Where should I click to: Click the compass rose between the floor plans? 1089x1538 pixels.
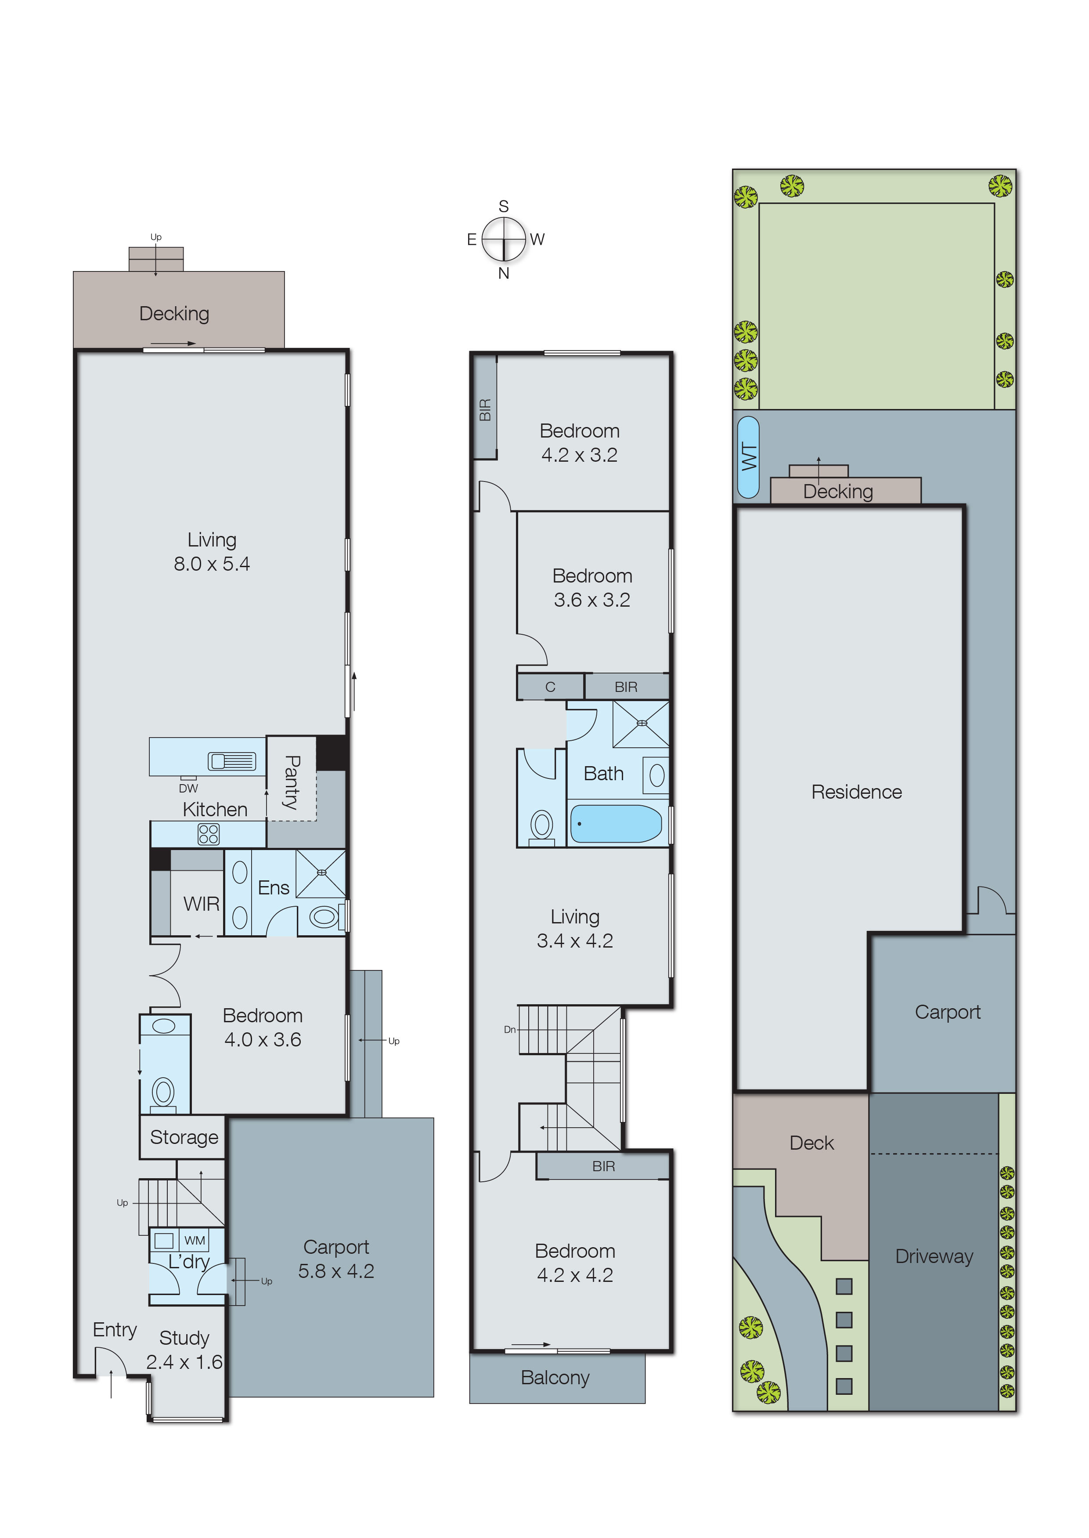tap(504, 239)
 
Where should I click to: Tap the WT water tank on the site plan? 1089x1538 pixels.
tap(748, 457)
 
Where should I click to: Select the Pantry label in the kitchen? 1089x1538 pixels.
tap(292, 782)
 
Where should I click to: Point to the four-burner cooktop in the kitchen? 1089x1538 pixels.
tap(209, 834)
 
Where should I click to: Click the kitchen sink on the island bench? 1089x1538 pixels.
tap(232, 761)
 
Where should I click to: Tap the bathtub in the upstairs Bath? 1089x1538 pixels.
tap(616, 824)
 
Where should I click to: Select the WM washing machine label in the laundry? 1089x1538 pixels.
tap(195, 1241)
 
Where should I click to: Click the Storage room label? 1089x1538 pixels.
tap(184, 1137)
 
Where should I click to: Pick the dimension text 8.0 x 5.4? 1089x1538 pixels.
tap(212, 564)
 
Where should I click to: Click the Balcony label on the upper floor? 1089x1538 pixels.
tap(555, 1378)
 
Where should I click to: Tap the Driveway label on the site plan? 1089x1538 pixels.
tap(934, 1256)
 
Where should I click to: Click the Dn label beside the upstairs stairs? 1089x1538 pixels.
tap(510, 1030)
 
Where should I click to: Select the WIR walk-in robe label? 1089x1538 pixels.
tap(201, 904)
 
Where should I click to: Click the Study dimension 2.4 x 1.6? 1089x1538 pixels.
tap(184, 1362)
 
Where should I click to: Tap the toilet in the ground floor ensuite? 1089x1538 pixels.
tap(324, 916)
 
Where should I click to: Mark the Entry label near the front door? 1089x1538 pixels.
tap(115, 1331)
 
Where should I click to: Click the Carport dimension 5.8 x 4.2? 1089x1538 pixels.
tap(336, 1271)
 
